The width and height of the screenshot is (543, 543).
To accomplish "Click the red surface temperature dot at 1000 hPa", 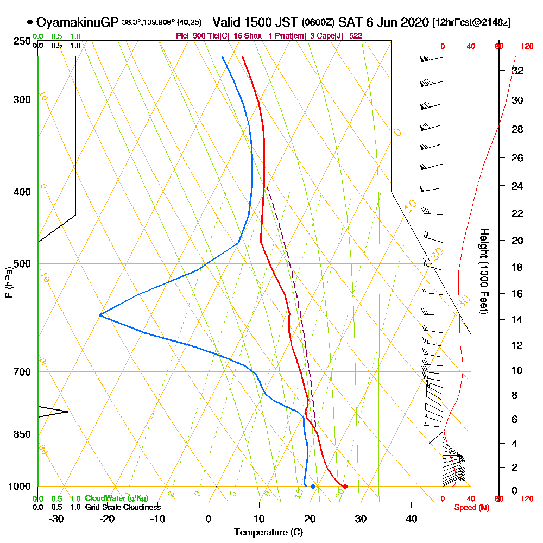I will [345, 487].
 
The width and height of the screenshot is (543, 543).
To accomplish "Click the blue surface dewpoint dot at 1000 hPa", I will [313, 487].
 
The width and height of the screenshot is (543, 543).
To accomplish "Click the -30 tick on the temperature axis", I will [56, 519].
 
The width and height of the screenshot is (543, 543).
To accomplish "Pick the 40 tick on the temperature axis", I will [412, 519].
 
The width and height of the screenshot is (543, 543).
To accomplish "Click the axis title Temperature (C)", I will [268, 533].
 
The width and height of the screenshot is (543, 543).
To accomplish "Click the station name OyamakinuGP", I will [78, 22].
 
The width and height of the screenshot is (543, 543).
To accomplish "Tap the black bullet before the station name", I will [29, 23].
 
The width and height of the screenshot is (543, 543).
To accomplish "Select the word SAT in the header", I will [351, 22].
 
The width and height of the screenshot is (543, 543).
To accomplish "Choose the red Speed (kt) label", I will [470, 507].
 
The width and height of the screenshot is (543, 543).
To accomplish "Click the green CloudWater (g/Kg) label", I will [116, 498].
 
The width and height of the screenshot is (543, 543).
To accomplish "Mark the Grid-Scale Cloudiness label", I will [122, 507].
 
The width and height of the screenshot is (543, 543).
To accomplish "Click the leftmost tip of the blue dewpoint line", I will [99, 315].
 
